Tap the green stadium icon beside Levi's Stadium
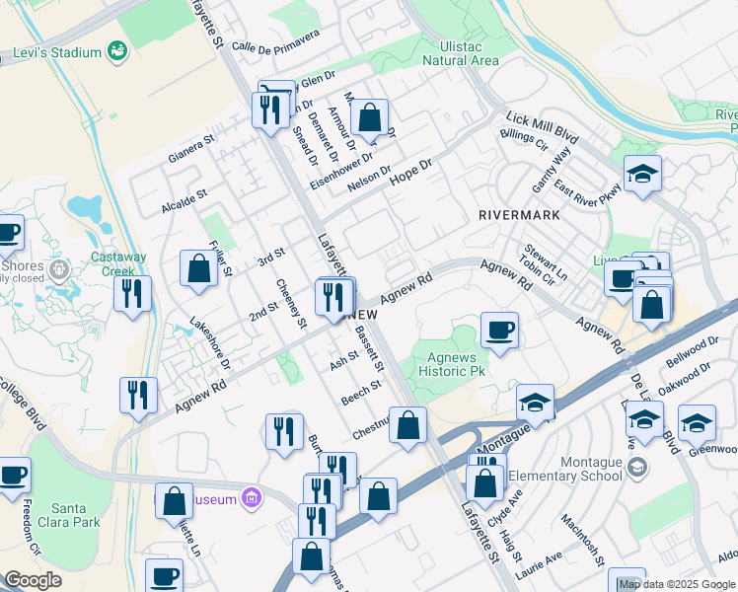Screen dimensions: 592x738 point(117,49)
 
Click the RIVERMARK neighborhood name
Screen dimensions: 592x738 point(518,214)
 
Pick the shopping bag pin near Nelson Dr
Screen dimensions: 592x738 point(368,119)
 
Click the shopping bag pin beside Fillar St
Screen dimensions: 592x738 point(198,269)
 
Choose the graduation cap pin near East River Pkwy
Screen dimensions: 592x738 point(643,176)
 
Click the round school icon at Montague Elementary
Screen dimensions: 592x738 point(638,467)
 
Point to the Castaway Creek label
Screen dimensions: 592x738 point(118,263)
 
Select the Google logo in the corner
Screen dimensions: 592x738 point(33,580)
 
